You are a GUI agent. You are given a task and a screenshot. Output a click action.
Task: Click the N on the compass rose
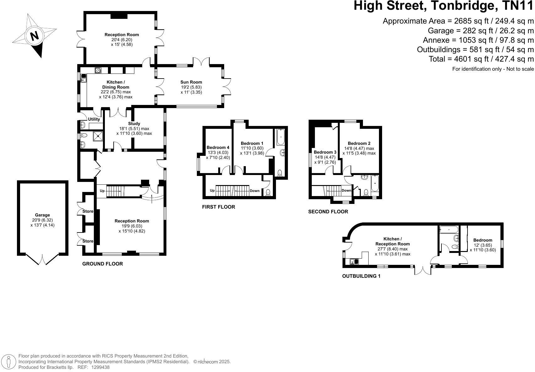tap(34, 36)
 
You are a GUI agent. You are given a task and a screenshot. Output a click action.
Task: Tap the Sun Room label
tap(191, 82)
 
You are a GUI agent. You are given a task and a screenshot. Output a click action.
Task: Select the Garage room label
tap(42, 215)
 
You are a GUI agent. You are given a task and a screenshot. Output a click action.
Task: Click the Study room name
tap(134, 123)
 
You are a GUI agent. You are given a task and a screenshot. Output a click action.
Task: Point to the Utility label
tap(94, 119)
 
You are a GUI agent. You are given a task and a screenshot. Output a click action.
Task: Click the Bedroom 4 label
tap(218, 147)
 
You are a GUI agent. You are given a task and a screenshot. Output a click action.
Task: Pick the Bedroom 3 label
tap(325, 152)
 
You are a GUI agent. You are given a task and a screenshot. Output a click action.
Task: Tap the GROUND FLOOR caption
tap(102, 264)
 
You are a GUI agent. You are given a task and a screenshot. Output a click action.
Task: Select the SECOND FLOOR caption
tap(328, 212)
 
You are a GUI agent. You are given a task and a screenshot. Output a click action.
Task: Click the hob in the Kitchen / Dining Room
tap(98, 70)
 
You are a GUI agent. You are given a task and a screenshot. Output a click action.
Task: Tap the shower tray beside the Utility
tap(99, 136)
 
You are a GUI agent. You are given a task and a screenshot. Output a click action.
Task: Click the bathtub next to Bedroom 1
tap(280, 137)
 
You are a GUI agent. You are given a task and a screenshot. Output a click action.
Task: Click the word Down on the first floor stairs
tap(255, 191)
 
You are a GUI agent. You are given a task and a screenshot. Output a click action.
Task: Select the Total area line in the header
tap(481, 59)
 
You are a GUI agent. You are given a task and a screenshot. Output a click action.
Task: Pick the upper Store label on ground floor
tap(88, 211)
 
